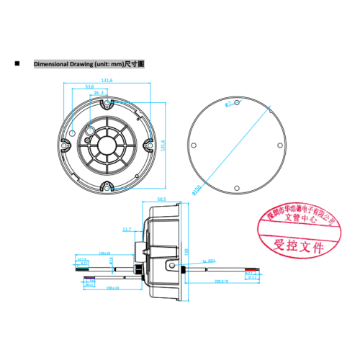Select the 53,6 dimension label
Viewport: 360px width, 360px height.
(89, 87)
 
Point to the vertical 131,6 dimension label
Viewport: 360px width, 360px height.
(163, 145)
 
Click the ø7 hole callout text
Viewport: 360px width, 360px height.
(229, 105)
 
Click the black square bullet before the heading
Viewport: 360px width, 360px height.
(17, 64)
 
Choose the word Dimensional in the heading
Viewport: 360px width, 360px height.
(48, 64)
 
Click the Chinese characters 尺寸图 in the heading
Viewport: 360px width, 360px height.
(135, 64)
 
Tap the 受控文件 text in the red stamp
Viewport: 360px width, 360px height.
(295, 245)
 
